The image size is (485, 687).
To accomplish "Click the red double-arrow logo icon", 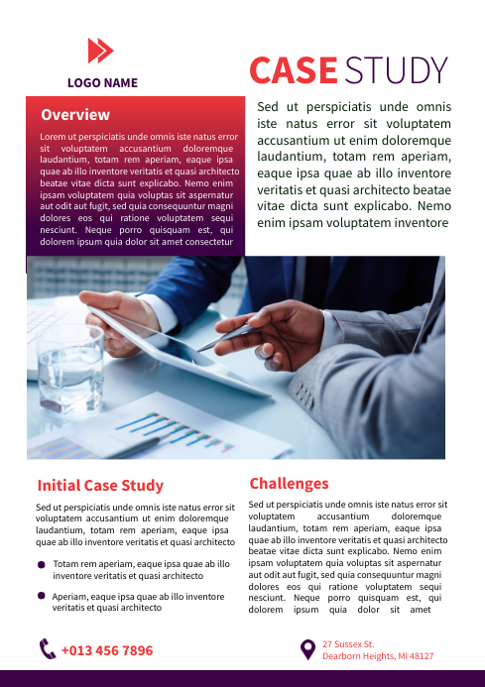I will [101, 51].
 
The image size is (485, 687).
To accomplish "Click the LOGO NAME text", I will [102, 83].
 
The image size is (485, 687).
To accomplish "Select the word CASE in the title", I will [293, 70].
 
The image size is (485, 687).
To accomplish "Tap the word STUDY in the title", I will [397, 70].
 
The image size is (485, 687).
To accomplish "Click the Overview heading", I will [75, 115].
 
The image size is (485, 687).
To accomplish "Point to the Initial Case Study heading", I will [100, 486].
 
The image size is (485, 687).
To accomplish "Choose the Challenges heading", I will [289, 484].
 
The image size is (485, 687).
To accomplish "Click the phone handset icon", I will [48, 650].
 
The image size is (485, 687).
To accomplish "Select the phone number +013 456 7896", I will [107, 651].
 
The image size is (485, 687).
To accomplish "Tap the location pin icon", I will [308, 649].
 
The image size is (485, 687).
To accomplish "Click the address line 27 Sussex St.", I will [348, 644].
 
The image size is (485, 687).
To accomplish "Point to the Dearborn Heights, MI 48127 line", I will [378, 656].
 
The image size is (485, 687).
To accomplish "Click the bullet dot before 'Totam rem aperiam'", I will [42, 564].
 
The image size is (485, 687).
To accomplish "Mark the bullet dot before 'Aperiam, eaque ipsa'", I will [42, 596].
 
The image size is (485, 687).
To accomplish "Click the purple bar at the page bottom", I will [242, 678].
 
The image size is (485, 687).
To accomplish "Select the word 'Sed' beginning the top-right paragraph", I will [267, 107].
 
